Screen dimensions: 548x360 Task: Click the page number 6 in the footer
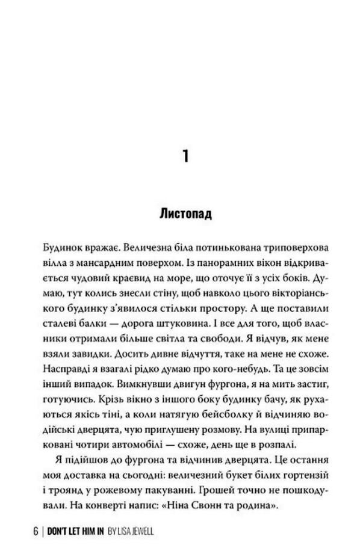pyautogui.click(x=36, y=531)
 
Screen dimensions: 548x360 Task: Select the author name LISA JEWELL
pyautogui.click(x=140, y=531)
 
